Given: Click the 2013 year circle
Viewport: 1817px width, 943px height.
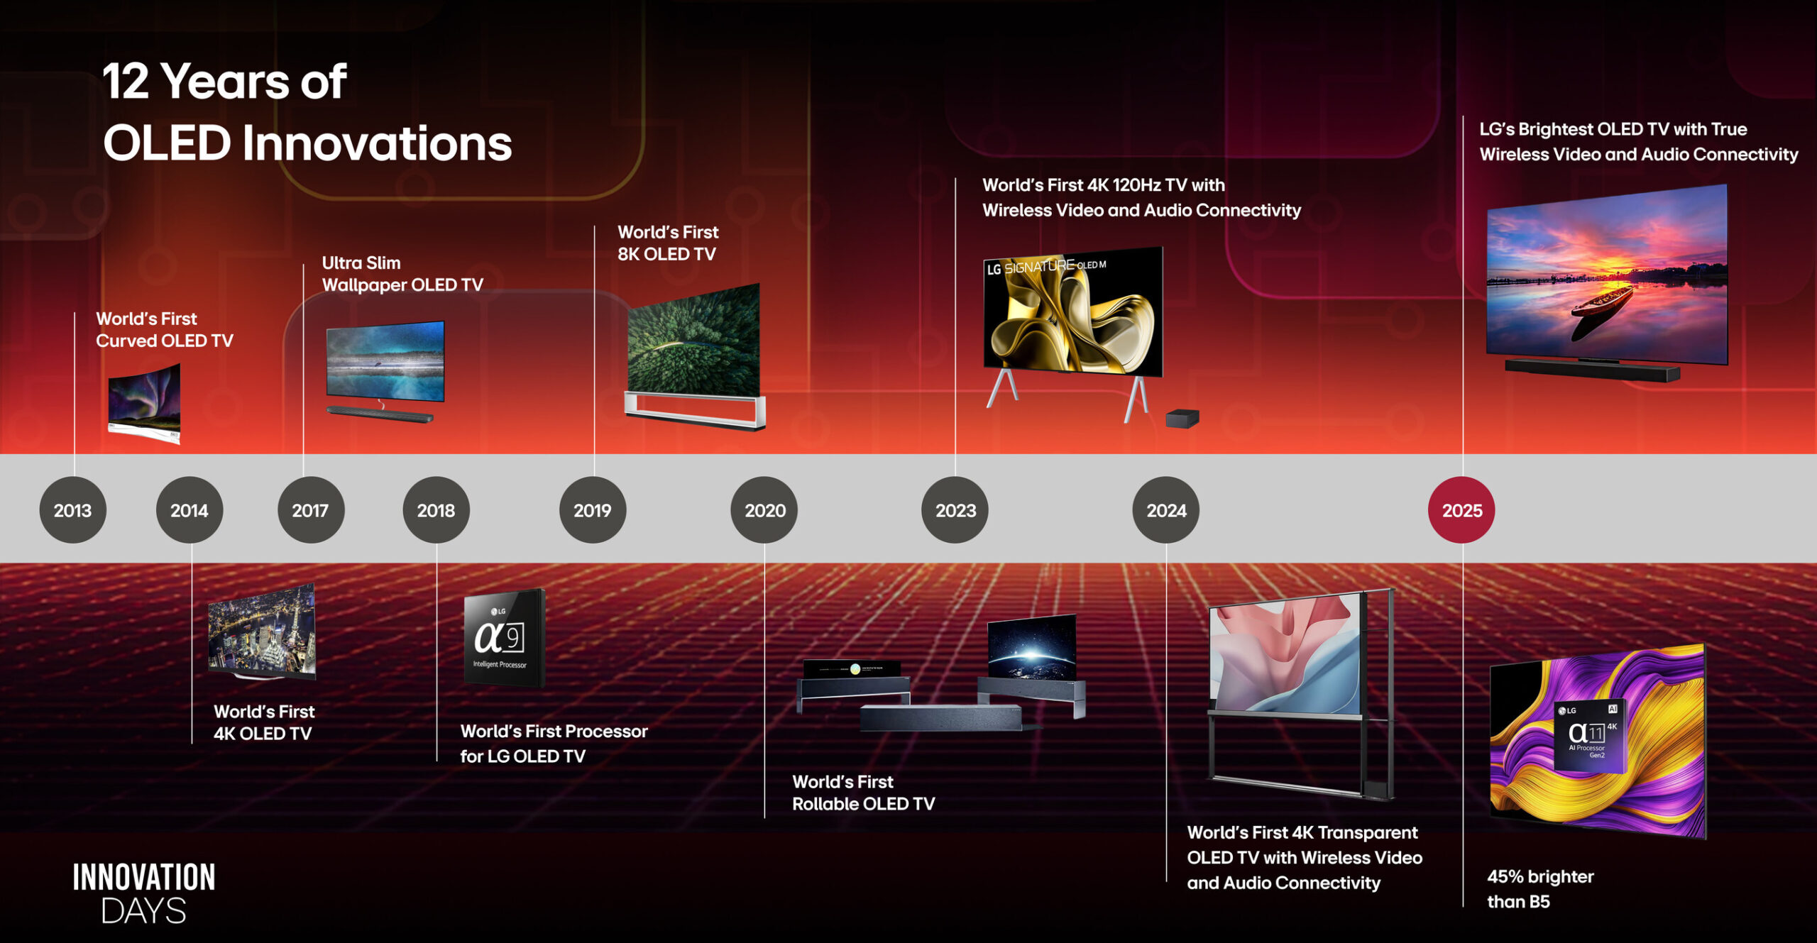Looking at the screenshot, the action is (x=72, y=510).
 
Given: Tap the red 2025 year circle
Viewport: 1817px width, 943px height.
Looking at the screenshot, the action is (x=1461, y=510).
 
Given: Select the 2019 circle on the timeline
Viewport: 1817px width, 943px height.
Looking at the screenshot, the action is (x=593, y=510).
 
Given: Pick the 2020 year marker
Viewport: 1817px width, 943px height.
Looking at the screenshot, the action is (x=764, y=510).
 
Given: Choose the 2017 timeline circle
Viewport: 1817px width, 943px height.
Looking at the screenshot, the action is (x=311, y=510).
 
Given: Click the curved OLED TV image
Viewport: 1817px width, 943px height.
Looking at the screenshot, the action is (x=144, y=403).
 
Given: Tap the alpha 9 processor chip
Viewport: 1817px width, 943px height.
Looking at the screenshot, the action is (x=504, y=638).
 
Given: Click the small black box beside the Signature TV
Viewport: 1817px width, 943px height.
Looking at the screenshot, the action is (x=1182, y=419).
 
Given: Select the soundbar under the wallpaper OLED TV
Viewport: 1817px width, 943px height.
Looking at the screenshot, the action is (x=380, y=413).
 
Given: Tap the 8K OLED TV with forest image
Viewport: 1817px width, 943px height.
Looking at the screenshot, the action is (x=695, y=356).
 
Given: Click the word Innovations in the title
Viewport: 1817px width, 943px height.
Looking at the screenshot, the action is (x=377, y=143).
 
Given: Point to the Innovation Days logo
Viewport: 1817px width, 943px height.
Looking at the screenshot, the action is (x=144, y=893).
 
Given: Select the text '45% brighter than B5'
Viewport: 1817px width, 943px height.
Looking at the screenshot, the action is (x=1540, y=889).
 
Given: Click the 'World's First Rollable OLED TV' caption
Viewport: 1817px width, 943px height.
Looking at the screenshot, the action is (x=863, y=793).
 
